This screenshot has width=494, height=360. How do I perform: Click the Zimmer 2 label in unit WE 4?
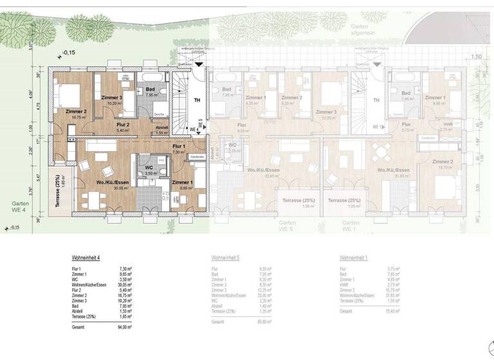(x=75, y=110)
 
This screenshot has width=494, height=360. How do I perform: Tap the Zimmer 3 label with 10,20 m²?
(x=111, y=97)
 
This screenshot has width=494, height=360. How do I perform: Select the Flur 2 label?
(x=122, y=124)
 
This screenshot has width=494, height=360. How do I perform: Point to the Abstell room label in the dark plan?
(x=161, y=127)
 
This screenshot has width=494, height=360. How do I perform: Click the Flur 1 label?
(x=178, y=146)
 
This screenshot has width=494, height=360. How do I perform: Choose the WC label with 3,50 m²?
(x=149, y=168)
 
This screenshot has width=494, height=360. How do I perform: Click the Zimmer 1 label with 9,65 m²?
(x=183, y=183)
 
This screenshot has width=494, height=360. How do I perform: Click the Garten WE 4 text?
(x=18, y=205)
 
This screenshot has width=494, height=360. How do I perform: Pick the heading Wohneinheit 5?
(x=226, y=257)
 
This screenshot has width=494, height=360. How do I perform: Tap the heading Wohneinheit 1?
(x=354, y=257)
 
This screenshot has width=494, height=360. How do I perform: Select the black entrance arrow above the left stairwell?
(x=199, y=64)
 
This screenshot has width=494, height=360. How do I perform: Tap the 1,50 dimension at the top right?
(x=476, y=57)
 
